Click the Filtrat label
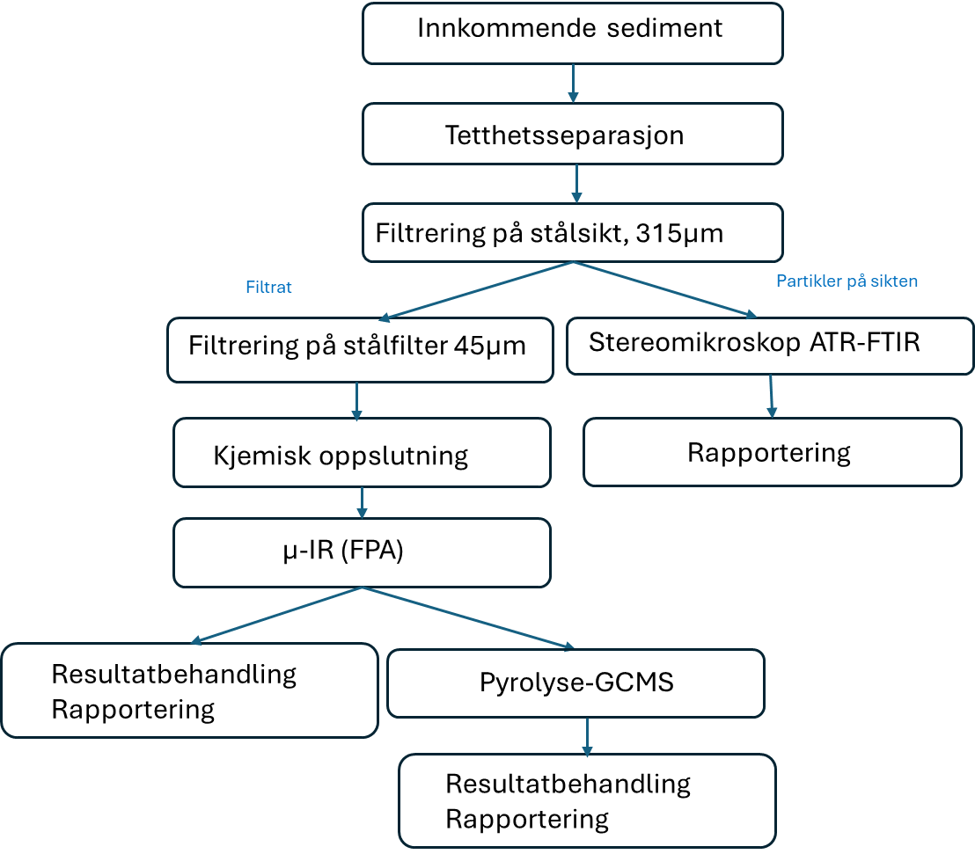(x=268, y=288)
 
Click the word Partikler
(x=807, y=281)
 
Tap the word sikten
(x=895, y=281)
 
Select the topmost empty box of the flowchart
(x=572, y=33)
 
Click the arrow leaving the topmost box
(x=573, y=83)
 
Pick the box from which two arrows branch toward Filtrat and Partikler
(x=572, y=232)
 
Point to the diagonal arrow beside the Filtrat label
(x=475, y=291)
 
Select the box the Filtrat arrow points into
(x=360, y=349)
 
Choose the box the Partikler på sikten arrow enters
(x=769, y=346)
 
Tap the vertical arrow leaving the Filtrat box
(x=356, y=400)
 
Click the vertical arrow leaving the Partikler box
(x=772, y=396)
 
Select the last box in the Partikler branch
(x=772, y=451)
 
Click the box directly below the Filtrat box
(x=362, y=452)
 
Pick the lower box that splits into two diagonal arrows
(x=362, y=552)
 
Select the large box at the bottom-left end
(x=189, y=690)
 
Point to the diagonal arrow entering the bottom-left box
(x=276, y=616)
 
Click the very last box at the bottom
(x=587, y=799)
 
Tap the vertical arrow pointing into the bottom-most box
(x=587, y=736)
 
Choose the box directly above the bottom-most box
(x=575, y=682)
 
